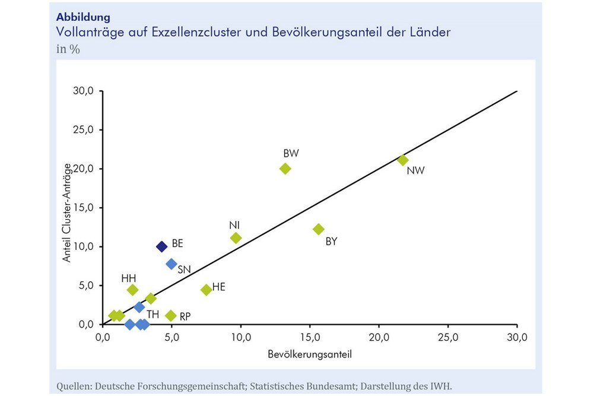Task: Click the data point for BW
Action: click(x=285, y=169)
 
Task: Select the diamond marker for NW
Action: click(x=403, y=160)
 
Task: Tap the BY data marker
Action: click(x=319, y=229)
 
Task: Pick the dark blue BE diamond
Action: click(x=161, y=246)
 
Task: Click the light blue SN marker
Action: click(x=171, y=264)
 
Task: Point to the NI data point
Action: click(x=236, y=238)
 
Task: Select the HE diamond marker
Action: click(x=207, y=290)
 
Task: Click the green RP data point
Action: click(x=171, y=315)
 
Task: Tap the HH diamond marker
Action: click(x=133, y=290)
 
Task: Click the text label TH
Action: click(x=153, y=313)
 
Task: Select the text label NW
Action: click(x=415, y=172)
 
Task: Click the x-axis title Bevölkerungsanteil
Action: click(x=309, y=356)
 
